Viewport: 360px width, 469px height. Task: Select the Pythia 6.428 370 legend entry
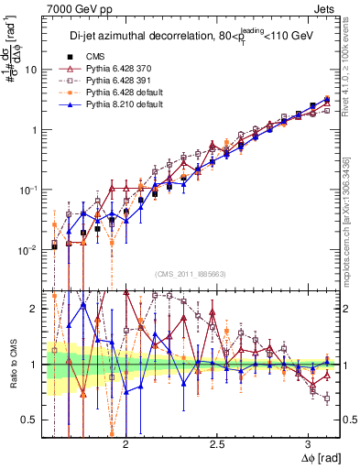[x=110, y=69]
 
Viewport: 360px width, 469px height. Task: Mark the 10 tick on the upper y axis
[x=31, y=70]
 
